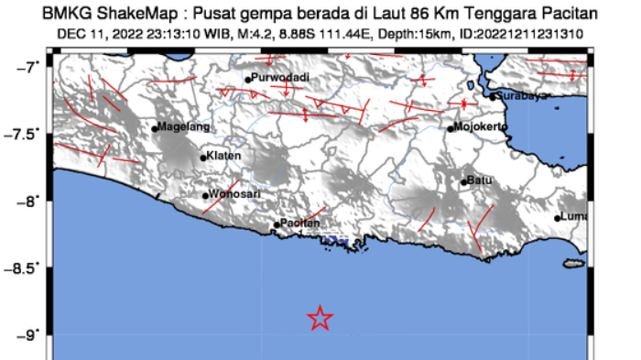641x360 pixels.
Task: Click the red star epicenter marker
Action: tap(320, 318)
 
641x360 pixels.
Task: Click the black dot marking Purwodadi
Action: tap(248, 80)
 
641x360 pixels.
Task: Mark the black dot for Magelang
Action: tap(155, 128)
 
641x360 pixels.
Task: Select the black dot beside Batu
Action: tap(464, 181)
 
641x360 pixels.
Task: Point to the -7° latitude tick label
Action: tap(30, 67)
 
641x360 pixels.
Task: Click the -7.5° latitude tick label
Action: tap(26, 134)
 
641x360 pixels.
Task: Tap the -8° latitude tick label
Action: tap(30, 201)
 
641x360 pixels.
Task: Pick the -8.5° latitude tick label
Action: tap(26, 267)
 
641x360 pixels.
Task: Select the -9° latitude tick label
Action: tap(30, 334)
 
